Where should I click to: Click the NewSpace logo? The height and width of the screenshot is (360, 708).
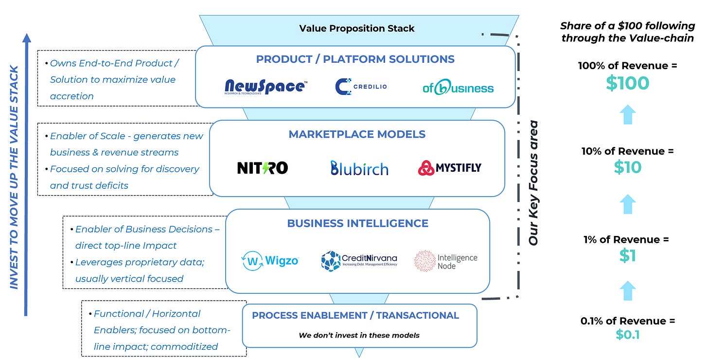pos(265,87)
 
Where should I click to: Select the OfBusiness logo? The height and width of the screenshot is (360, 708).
pos(458,87)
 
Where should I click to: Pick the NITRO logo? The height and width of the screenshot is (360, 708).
pos(262,168)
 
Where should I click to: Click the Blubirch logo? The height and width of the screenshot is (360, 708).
pos(359,168)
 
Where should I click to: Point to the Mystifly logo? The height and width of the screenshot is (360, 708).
pos(450,168)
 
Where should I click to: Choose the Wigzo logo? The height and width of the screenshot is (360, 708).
pos(270,261)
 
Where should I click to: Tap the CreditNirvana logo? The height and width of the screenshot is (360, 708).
pos(359,261)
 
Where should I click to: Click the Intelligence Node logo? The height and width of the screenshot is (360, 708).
pos(445,261)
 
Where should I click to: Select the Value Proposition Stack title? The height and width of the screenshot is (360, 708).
pos(357,28)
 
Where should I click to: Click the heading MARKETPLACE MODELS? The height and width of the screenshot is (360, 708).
pos(357,134)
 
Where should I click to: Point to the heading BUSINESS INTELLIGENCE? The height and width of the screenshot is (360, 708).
pos(357,223)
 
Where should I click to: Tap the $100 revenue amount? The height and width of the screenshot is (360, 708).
pos(627,83)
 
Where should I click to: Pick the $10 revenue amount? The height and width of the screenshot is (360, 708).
pos(627,167)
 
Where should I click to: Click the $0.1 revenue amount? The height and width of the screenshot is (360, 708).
pos(627,334)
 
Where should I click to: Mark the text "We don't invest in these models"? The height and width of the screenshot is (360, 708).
pos(359,335)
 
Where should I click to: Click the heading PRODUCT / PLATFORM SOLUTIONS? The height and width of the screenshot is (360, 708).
pos(355,59)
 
